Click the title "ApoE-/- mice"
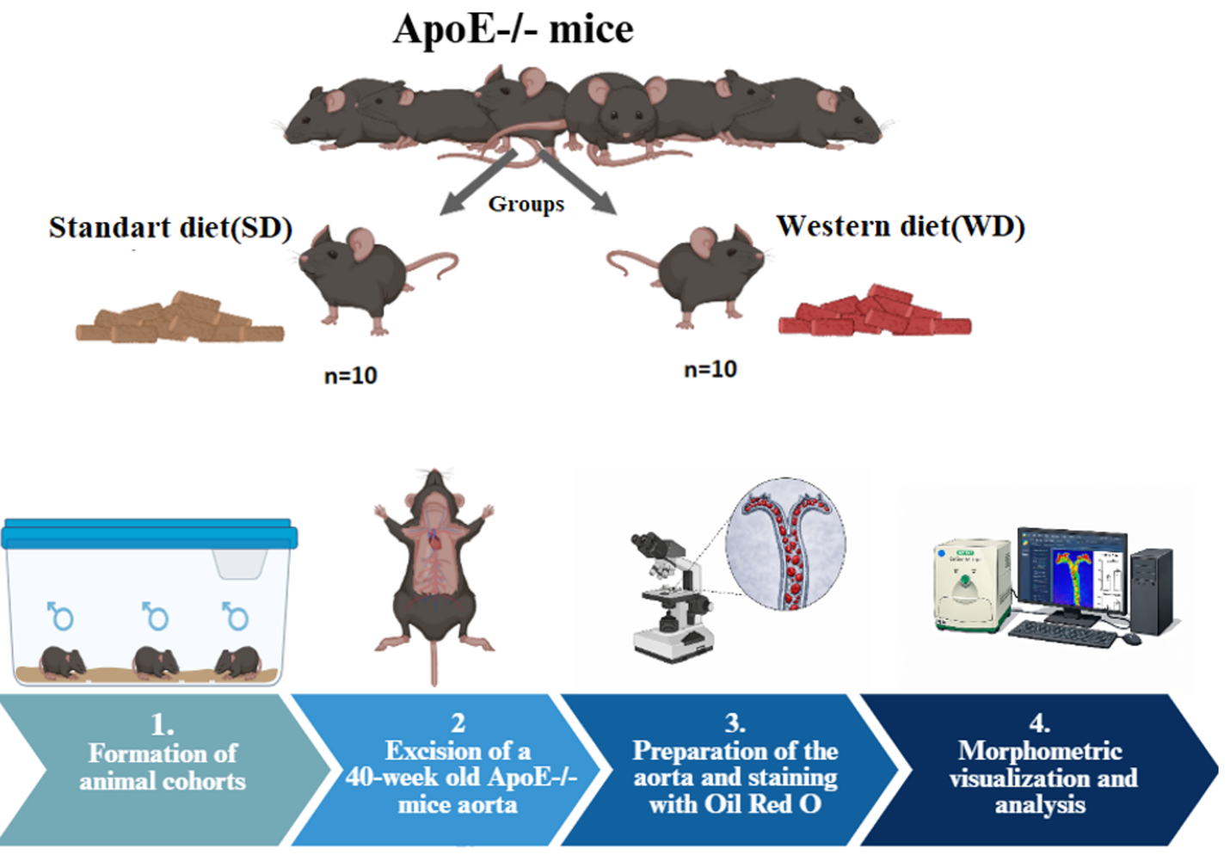coord(513,29)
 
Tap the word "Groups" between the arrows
coord(526,204)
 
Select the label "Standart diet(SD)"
coord(170,227)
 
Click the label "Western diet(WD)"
coord(900,226)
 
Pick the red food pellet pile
coord(874,312)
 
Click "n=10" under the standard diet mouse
coord(350,376)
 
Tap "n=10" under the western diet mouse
coord(710,370)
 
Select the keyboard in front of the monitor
coord(1062,635)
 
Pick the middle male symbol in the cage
coord(156,616)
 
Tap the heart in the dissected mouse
coord(435,542)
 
